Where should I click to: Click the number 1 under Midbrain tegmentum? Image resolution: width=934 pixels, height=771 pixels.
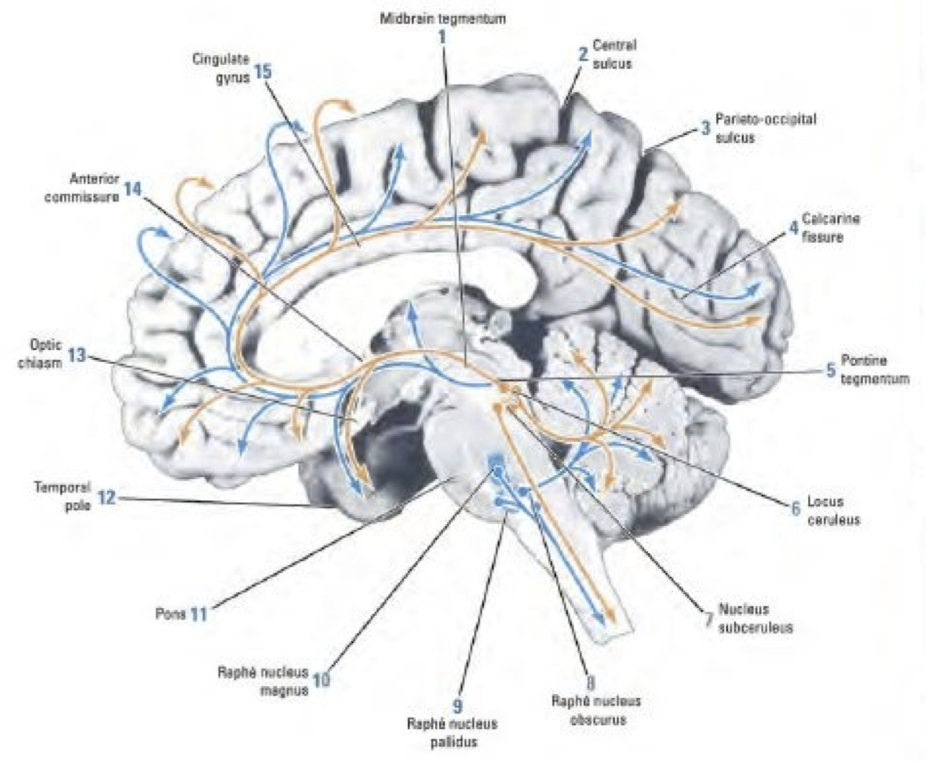(x=442, y=36)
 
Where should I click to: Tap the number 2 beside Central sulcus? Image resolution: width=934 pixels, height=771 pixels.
(x=583, y=55)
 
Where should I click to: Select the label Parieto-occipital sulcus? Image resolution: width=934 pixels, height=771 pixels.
(x=765, y=128)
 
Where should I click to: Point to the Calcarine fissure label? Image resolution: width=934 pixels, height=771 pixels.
(x=830, y=228)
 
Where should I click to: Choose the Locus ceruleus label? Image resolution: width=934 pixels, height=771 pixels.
(x=833, y=510)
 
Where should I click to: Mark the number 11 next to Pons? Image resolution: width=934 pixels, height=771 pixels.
(x=199, y=614)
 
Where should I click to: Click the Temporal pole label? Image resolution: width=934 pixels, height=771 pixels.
(x=62, y=496)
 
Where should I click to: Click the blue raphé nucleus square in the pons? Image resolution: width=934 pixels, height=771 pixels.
(x=496, y=459)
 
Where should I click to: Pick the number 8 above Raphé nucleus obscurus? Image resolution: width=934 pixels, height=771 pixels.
(x=591, y=681)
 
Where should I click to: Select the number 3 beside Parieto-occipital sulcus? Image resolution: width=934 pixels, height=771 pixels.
(x=705, y=128)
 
